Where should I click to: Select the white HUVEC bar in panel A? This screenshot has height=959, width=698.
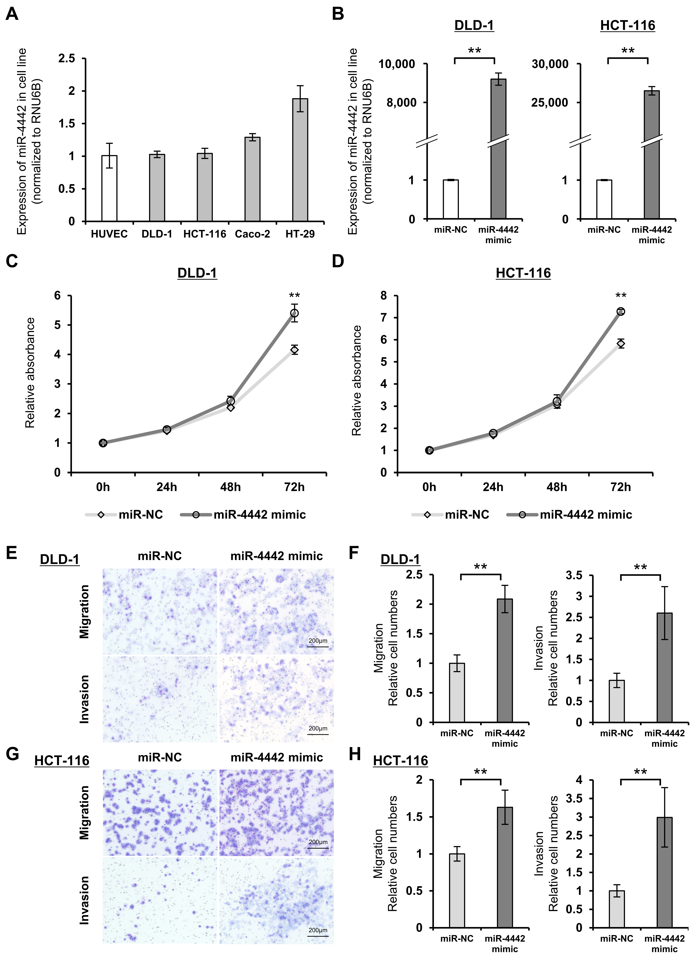pyautogui.click(x=109, y=188)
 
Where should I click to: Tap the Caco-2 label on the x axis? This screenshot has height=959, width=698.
pyautogui.click(x=252, y=234)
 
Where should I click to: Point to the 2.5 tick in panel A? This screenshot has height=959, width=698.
pyautogui.click(x=67, y=58)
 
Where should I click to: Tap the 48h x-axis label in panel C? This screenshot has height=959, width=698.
pyautogui.click(x=230, y=487)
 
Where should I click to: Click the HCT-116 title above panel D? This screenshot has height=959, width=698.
pyautogui.click(x=523, y=273)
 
